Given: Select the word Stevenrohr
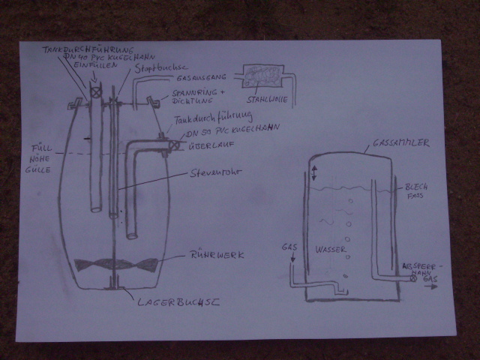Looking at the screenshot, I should (213, 174).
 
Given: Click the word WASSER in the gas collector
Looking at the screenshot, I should (330, 248).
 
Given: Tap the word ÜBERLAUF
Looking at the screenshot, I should (203, 147).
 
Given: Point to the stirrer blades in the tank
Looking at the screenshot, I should (116, 265).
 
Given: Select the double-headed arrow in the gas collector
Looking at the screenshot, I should (313, 172).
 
